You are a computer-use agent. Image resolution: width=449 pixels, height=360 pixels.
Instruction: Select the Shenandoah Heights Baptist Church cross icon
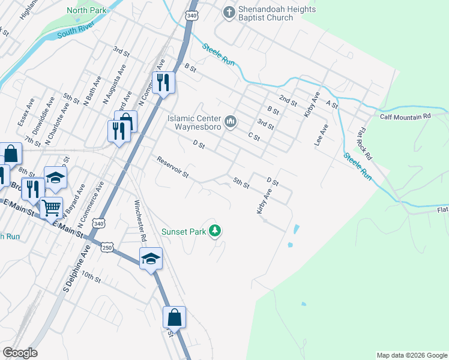229,12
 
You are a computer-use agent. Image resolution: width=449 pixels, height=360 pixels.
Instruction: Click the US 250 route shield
107,247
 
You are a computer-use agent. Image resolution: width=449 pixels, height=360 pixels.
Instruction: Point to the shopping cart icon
51,208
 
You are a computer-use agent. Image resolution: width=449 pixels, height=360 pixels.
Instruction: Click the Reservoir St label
173,169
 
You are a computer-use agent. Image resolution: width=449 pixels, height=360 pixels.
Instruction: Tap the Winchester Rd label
140,220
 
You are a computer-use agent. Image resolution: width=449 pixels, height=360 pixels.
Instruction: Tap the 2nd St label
288,100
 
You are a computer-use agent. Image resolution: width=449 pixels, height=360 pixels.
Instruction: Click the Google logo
20,353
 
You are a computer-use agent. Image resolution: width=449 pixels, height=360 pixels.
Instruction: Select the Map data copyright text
411,355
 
